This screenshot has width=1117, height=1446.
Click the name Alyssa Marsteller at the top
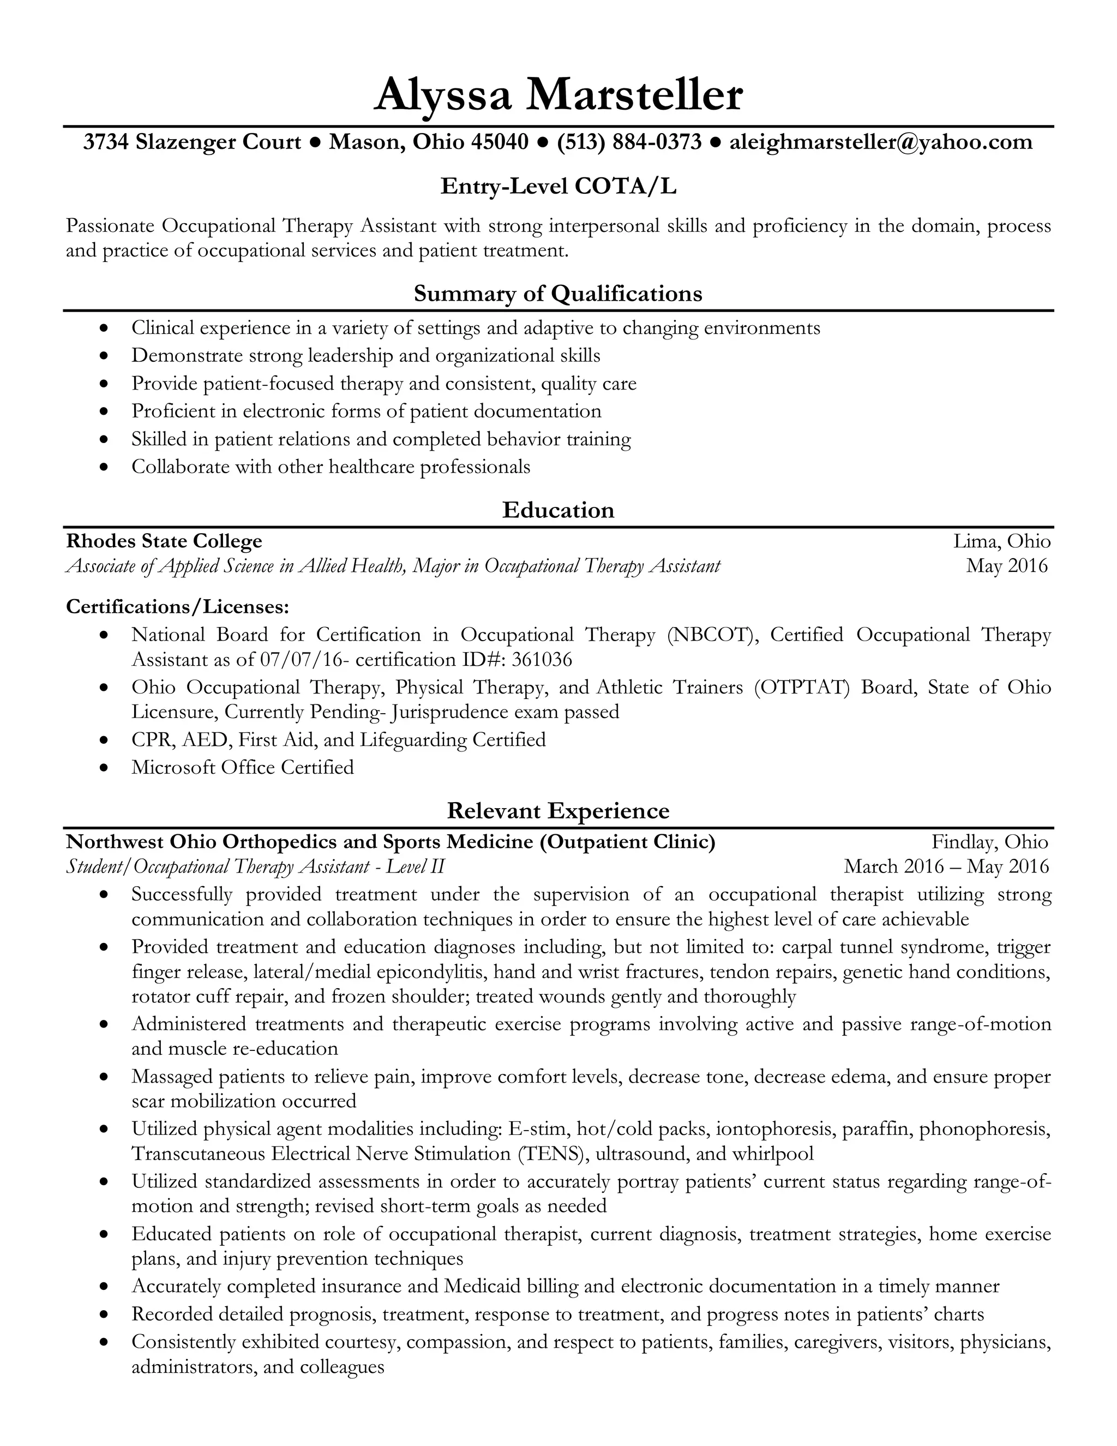tap(558, 95)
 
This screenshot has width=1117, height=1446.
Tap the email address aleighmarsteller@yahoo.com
tap(880, 142)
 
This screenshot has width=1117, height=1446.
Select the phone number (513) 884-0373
tap(629, 142)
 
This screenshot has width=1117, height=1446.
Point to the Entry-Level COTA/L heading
tap(558, 187)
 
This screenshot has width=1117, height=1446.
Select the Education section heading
tap(558, 509)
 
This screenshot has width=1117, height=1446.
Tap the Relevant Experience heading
tap(558, 810)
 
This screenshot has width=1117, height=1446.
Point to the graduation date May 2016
tap(1006, 565)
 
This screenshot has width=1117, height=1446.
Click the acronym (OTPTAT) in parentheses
tap(801, 687)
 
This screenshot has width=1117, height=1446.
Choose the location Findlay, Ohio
tap(990, 841)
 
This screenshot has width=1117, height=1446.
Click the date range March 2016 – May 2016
tap(946, 866)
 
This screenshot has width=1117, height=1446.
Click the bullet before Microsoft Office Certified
tap(103, 768)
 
